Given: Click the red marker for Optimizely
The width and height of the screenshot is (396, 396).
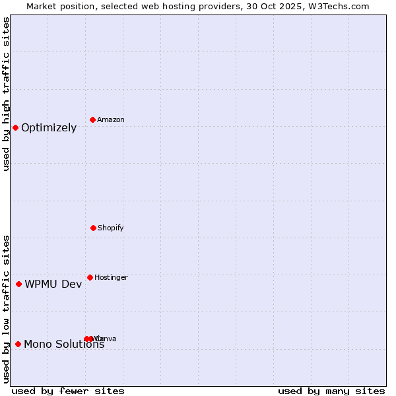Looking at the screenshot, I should (15, 127).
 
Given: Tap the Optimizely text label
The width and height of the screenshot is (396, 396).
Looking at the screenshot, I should (49, 128).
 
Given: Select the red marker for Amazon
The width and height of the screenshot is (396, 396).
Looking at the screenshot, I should (92, 119).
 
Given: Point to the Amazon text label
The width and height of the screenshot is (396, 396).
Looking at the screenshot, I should (111, 120).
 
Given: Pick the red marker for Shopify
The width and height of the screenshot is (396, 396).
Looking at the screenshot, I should (93, 228).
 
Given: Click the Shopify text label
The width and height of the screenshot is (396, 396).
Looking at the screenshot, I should (111, 228).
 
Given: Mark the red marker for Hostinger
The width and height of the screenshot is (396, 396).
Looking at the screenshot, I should (90, 277).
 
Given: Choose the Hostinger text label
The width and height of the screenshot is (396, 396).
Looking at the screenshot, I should (111, 278).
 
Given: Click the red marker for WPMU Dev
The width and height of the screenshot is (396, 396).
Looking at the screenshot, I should (18, 284).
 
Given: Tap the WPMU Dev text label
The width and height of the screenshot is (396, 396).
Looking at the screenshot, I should (53, 284).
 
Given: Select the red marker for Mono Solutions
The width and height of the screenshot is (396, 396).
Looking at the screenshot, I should (18, 344).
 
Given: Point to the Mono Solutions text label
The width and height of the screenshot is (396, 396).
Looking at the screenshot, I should (64, 344).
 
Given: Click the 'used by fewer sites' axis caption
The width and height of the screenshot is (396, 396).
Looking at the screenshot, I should (68, 391).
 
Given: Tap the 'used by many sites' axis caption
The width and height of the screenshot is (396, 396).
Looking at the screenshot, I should (331, 391).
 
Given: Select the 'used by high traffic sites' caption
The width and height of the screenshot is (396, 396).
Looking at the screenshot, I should (7, 94).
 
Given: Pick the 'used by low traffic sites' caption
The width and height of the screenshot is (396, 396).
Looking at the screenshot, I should (7, 308).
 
